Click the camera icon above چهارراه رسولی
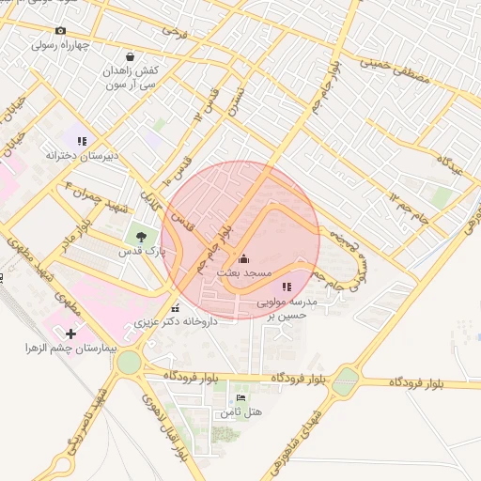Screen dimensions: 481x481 pyautogui.click(x=61, y=30)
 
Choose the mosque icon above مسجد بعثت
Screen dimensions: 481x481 pyautogui.click(x=244, y=258)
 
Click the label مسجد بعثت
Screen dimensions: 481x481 pyautogui.click(x=244, y=272)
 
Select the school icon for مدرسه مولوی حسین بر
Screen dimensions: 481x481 pyautogui.click(x=286, y=287)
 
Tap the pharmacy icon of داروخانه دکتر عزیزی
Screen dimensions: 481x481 pyautogui.click(x=175, y=307)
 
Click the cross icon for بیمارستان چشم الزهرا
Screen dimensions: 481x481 pyautogui.click(x=70, y=333)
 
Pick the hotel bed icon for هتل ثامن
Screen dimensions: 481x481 pyautogui.click(x=241, y=398)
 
